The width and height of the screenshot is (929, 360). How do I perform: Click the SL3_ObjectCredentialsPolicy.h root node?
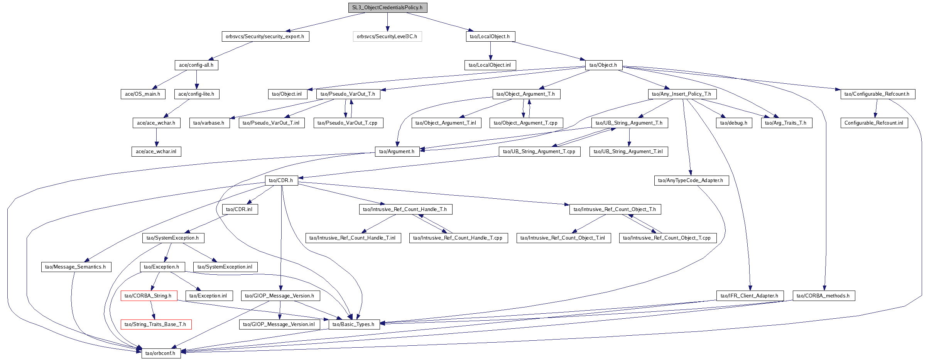point(388,8)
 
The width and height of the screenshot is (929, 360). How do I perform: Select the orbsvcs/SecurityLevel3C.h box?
point(387,37)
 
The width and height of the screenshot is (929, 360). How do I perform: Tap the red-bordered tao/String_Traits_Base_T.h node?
point(155,325)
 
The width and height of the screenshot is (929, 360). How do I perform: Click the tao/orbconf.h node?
point(161,353)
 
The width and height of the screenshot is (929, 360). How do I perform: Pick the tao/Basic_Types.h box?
point(354,325)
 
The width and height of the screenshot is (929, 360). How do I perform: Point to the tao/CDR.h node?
point(281,181)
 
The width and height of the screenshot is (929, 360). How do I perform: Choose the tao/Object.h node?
point(603,65)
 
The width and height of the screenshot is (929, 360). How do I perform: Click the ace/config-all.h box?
point(196,65)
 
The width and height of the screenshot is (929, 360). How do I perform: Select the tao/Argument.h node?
point(397,152)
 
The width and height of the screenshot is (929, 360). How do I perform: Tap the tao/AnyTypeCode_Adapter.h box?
point(691,181)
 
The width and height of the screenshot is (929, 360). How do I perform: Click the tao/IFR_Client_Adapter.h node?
point(750,296)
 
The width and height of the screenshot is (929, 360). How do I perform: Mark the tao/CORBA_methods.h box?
point(823,296)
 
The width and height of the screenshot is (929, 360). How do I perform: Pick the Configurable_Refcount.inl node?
point(874,123)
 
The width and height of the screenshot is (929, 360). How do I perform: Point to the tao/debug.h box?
point(734,123)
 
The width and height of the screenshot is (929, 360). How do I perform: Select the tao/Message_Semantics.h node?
point(76,267)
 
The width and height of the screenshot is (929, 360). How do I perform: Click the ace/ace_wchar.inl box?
point(156,152)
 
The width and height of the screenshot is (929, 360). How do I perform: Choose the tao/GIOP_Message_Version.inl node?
point(279,325)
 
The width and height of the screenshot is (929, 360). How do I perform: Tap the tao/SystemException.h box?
point(173,238)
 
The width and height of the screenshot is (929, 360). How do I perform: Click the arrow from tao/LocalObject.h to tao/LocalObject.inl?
point(490,51)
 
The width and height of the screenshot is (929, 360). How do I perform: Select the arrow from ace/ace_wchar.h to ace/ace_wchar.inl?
point(156,137)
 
